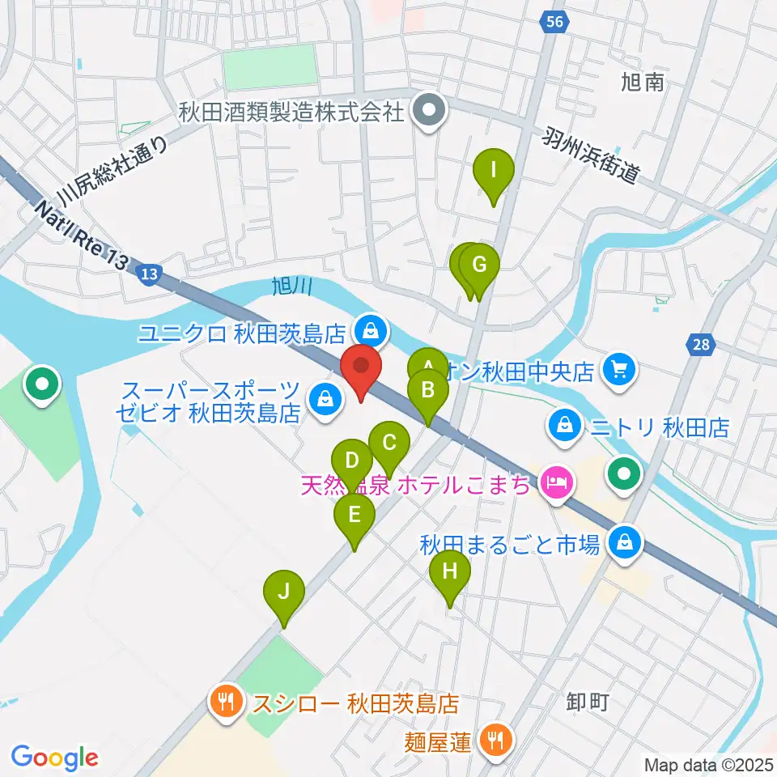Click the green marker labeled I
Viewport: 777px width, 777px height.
pyautogui.click(x=493, y=172)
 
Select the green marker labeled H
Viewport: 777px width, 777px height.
pyautogui.click(x=450, y=572)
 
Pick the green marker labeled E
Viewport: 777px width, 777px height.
pyautogui.click(x=355, y=515)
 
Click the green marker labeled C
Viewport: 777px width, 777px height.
pyautogui.click(x=388, y=444)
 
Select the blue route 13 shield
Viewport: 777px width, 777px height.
pyautogui.click(x=147, y=274)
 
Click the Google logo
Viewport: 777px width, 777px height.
pyautogui.click(x=55, y=758)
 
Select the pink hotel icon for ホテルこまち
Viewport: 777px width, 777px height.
pyautogui.click(x=557, y=485)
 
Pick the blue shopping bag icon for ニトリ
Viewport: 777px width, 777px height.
pyautogui.click(x=561, y=424)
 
